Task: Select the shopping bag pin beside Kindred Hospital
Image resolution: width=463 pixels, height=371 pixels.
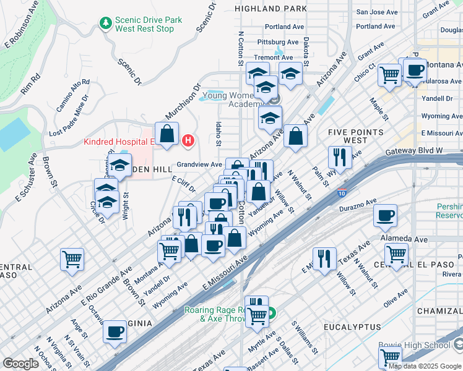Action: point(167,134)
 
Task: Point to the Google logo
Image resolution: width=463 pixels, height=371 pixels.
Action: point(20,364)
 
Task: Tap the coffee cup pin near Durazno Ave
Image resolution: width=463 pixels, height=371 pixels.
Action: point(385,216)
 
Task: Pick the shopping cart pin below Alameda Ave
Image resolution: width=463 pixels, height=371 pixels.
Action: point(396,253)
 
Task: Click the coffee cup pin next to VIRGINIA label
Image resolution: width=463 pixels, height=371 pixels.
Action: point(115,331)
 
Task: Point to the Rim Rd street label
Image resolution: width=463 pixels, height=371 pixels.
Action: point(30,83)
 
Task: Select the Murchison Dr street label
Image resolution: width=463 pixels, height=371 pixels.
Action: point(183,103)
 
